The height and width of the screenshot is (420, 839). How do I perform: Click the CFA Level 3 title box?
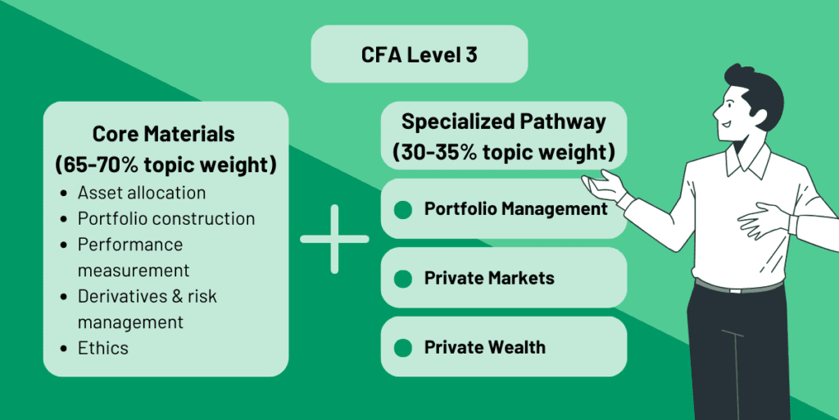point(419,54)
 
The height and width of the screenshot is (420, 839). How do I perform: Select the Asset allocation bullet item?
point(141,194)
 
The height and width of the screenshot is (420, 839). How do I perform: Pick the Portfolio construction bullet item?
point(166,219)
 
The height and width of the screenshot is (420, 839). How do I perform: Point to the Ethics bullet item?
point(103,348)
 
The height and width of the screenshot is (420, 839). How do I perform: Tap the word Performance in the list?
point(129,244)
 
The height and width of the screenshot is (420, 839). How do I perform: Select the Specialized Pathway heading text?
point(504,122)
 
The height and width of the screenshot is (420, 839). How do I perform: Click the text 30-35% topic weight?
point(504,153)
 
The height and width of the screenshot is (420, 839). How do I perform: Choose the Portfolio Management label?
point(515,209)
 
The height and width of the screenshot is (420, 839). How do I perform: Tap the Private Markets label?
point(489,278)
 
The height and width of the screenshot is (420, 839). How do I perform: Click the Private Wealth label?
point(484,347)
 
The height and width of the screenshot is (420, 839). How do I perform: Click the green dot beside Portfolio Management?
point(402,210)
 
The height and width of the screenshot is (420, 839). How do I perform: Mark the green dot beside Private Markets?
point(402,279)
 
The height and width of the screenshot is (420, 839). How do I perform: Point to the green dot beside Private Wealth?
point(402,348)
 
